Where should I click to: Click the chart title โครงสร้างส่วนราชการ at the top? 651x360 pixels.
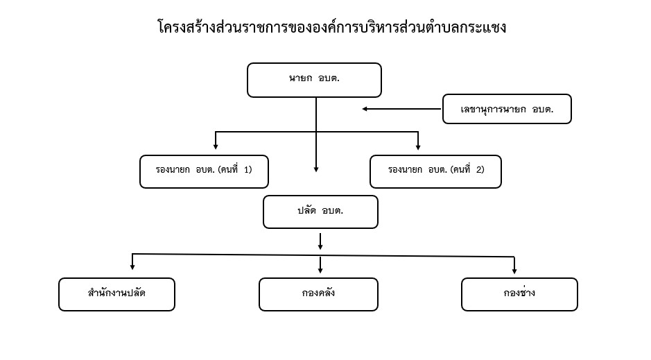click(x=331, y=28)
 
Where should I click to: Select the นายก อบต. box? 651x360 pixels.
click(x=314, y=80)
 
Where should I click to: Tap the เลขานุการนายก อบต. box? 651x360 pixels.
click(x=507, y=109)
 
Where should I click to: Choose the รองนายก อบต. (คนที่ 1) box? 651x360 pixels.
click(x=205, y=171)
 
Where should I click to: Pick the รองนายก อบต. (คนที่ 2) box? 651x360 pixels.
click(x=435, y=171)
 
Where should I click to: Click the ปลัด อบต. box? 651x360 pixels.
click(x=320, y=212)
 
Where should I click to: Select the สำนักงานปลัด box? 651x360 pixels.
click(x=116, y=294)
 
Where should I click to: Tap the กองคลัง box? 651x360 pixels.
click(x=318, y=294)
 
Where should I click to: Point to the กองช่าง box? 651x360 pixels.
click(x=519, y=294)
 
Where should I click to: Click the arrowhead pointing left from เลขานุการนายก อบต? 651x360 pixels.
click(x=365, y=109)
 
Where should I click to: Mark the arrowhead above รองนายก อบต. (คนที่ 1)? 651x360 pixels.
click(x=216, y=146)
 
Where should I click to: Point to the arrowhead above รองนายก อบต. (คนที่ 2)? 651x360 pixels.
click(x=418, y=146)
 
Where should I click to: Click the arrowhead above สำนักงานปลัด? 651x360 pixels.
click(x=132, y=267)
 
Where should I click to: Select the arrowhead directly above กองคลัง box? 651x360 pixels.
click(x=320, y=271)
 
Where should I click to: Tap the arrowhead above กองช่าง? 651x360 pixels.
click(x=514, y=271)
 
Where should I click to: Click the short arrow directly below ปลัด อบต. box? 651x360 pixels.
click(x=320, y=241)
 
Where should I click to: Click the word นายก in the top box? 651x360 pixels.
click(x=301, y=78)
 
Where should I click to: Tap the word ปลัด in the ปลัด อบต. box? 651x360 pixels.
click(x=307, y=210)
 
